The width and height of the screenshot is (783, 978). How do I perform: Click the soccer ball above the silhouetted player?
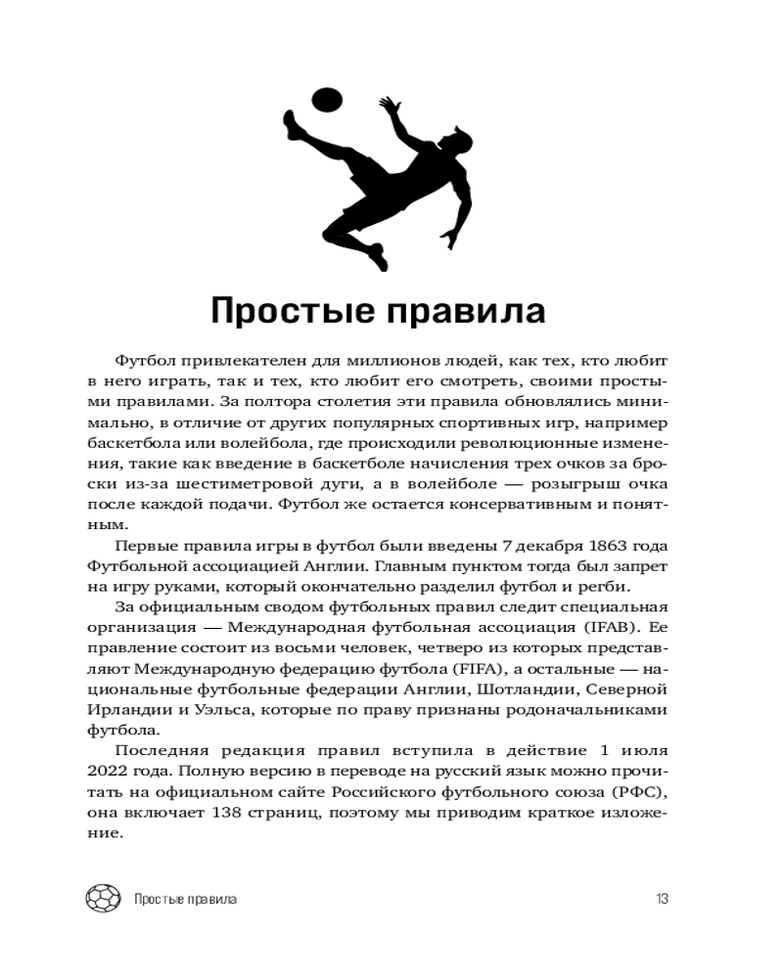pyautogui.click(x=325, y=100)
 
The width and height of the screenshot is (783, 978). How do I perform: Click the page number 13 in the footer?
pyautogui.click(x=662, y=898)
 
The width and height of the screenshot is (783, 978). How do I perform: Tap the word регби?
pyautogui.click(x=612, y=587)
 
